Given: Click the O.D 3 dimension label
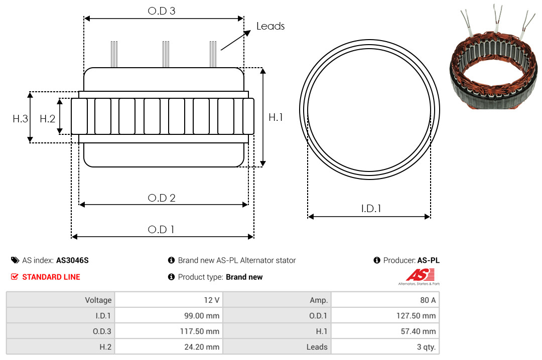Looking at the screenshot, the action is (162, 11).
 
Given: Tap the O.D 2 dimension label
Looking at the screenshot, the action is (162, 198).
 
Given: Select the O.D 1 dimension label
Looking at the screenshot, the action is (161, 230).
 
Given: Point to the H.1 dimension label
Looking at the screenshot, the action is (276, 117).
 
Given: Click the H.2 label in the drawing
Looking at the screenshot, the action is (47, 119).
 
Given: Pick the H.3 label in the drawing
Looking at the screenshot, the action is (20, 119).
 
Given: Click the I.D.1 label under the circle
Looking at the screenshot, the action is (371, 209).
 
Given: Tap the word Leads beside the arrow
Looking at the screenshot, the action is (270, 26).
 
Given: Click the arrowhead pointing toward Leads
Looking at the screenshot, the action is (247, 33).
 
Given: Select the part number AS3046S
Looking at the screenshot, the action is (72, 261).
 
